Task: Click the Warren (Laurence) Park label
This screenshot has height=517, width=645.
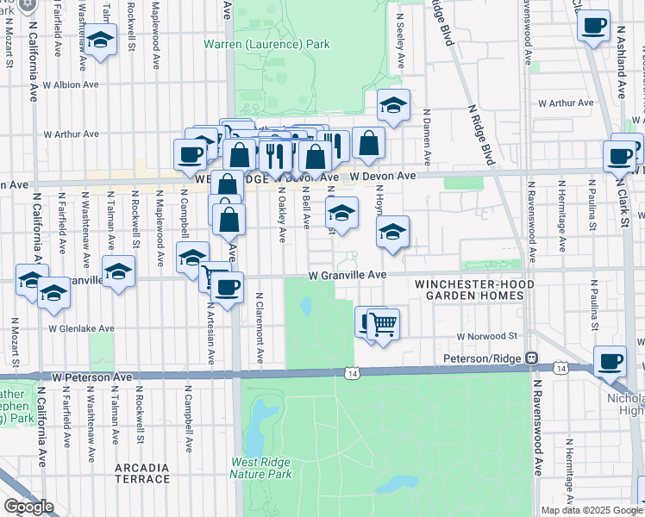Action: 266,44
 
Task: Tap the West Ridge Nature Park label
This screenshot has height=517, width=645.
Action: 261,468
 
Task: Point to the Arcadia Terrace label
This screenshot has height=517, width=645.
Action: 141,472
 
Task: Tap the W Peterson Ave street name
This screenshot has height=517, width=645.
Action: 91,377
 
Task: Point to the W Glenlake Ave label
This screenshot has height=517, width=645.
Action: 81,328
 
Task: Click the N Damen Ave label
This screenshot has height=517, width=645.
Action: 427,137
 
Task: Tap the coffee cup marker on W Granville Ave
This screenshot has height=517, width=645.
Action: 228,287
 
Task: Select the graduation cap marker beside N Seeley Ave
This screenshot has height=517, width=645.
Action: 393,105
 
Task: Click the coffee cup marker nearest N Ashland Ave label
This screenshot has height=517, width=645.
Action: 592,25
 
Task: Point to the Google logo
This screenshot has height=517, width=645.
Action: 28,507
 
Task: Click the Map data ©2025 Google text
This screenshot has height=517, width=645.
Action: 591,510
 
